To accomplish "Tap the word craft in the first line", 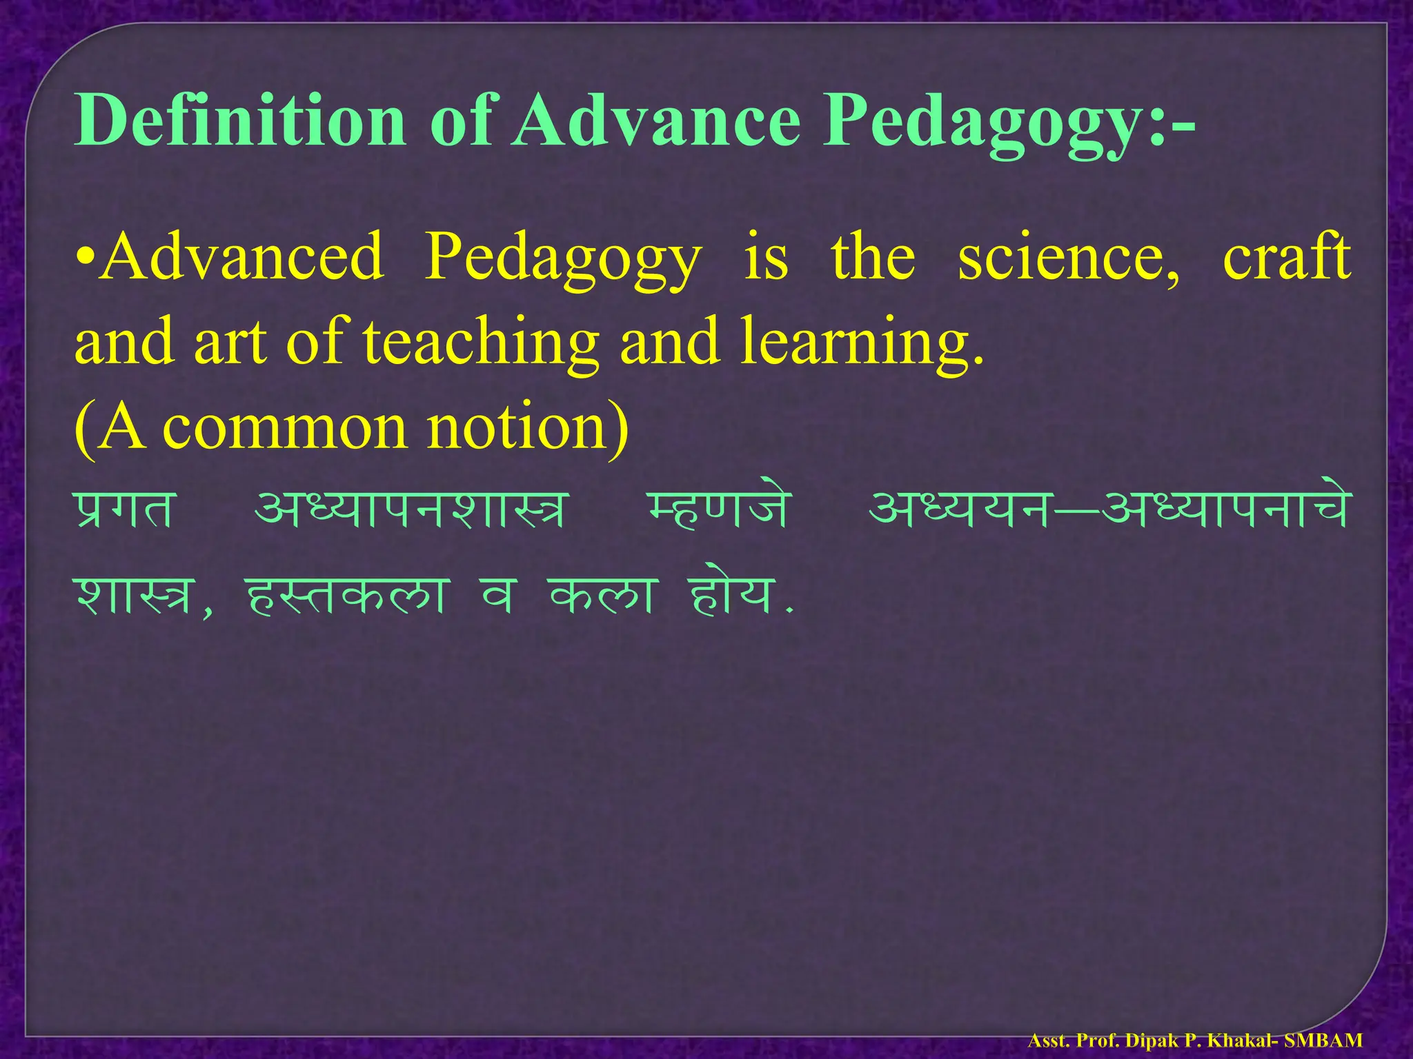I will [1287, 256].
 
